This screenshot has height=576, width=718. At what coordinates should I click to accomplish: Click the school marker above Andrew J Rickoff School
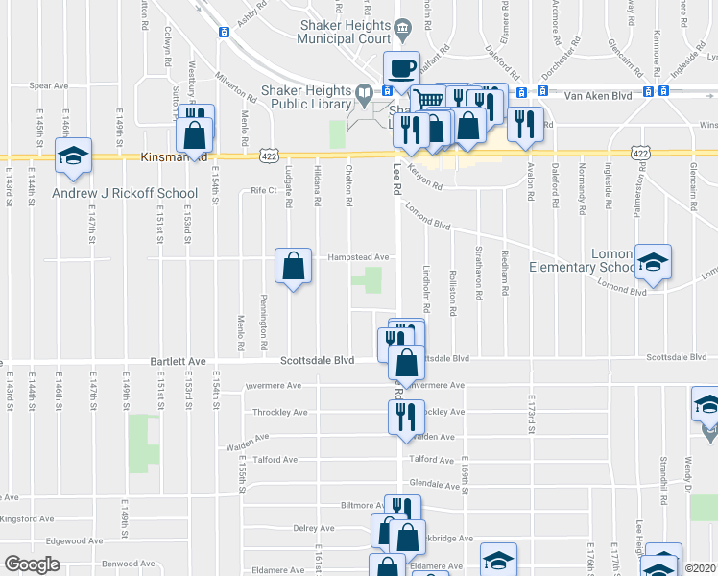pos(72,157)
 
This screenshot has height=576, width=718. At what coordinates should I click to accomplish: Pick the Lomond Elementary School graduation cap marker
pos(653,263)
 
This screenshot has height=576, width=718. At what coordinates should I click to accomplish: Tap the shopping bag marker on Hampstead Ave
pos(294,267)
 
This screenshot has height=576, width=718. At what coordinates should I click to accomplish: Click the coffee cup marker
pos(401,69)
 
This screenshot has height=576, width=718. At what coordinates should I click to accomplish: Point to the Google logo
pos(32,564)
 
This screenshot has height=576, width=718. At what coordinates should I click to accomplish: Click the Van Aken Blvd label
pos(597,95)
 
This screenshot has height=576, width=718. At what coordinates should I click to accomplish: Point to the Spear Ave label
pos(48,85)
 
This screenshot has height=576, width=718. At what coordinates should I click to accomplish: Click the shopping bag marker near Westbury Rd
pos(194,134)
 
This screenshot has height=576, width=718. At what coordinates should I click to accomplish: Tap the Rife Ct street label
pos(263,190)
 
